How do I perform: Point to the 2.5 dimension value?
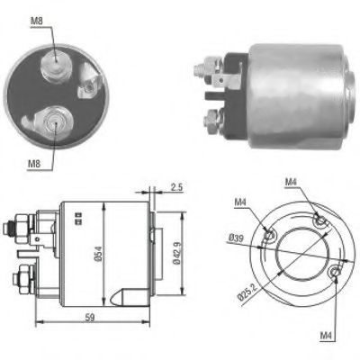coord(176,187)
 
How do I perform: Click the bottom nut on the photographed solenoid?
coord(213,119)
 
